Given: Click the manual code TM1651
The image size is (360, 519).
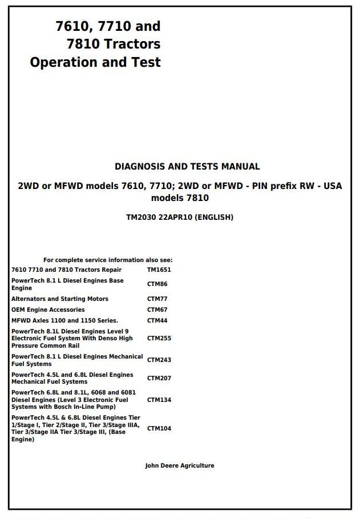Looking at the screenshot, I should click(x=159, y=269).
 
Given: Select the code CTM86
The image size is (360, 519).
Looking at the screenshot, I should click(x=157, y=284).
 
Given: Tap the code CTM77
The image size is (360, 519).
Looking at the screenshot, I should click(x=157, y=299).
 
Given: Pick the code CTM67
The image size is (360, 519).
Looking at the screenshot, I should click(x=157, y=309).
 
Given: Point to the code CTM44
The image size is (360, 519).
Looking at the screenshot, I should click(x=157, y=320).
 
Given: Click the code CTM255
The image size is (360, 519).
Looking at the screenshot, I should click(x=159, y=338).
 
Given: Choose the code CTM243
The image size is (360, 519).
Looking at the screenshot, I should click(x=159, y=360).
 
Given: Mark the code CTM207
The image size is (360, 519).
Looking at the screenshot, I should click(x=159, y=378).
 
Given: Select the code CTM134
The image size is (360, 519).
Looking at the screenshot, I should click(x=159, y=400).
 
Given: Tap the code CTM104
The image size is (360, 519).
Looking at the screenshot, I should click(x=159, y=428).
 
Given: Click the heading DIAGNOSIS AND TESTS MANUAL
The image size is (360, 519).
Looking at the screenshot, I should click(x=187, y=167).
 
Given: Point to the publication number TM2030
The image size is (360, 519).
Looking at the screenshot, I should click(x=141, y=218).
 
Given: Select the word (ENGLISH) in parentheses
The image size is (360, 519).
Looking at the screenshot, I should click(x=215, y=218).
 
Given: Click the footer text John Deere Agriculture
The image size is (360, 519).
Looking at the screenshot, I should click(x=180, y=466).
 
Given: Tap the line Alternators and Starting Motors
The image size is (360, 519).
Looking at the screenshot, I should click(x=59, y=299).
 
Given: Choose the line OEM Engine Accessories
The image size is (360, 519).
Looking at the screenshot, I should click(x=48, y=309).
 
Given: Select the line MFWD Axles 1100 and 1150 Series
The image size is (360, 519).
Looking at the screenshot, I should click(x=64, y=320).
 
